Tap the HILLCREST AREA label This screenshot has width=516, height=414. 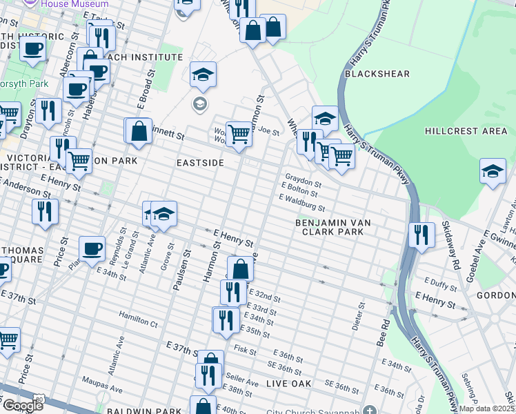click(466, 130)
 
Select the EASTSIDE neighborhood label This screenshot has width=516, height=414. click(201, 162)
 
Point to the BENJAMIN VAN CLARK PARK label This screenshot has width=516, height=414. click(329, 228)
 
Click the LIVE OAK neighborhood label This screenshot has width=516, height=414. click(288, 383)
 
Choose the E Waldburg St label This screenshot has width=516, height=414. click(301, 202)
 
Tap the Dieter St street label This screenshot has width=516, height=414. click(357, 316)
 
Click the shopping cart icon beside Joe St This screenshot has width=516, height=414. click(239, 132)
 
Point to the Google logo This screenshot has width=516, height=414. click(22, 405)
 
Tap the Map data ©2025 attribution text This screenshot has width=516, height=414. click(487, 408)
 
